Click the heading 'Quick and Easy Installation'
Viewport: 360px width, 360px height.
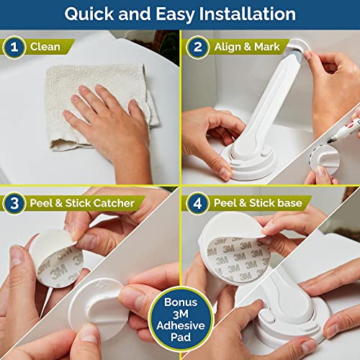[179, 14]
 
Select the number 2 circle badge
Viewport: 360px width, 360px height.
[197, 48]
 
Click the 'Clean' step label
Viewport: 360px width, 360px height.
[45, 48]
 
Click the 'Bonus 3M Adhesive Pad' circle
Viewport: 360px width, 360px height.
[180, 318]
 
